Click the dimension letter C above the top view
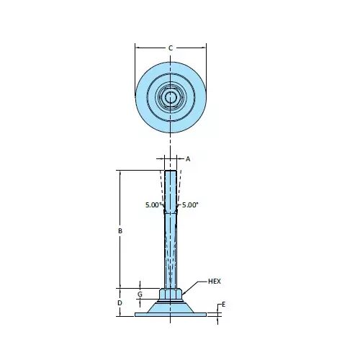tap(171, 48)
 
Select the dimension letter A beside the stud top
tap(187, 158)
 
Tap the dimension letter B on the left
tap(120, 231)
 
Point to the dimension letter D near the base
tap(120, 303)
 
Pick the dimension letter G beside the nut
tap(140, 294)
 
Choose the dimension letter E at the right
tap(224, 305)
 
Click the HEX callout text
tap(214, 280)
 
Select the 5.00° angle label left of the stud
tap(153, 205)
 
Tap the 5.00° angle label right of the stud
tap(189, 205)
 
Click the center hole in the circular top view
tap(171, 96)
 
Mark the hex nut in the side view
tap(171, 294)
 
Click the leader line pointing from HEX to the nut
tap(195, 285)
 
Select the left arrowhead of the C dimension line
tap(138, 48)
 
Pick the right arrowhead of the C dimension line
tap(204, 48)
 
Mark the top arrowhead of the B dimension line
tap(120, 174)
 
